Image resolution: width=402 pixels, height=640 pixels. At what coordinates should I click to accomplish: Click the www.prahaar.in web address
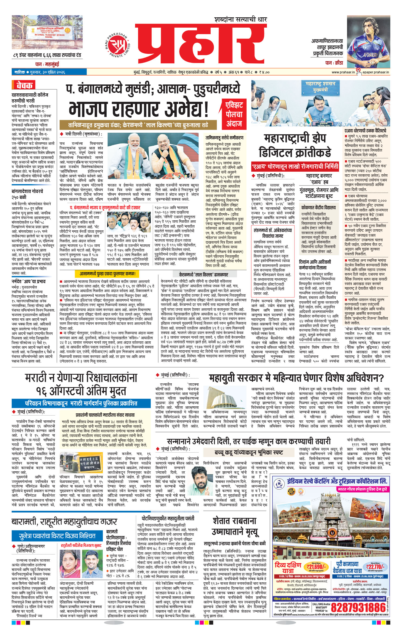(343, 72)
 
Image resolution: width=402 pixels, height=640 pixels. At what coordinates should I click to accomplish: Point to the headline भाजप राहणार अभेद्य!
(139, 109)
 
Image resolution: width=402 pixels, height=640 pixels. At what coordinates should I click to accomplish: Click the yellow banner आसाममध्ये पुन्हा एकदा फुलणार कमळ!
(107, 274)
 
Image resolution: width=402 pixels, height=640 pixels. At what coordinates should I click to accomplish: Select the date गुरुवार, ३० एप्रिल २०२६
(46, 72)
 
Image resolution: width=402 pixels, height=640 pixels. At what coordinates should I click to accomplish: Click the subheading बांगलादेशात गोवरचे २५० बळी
(27, 194)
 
